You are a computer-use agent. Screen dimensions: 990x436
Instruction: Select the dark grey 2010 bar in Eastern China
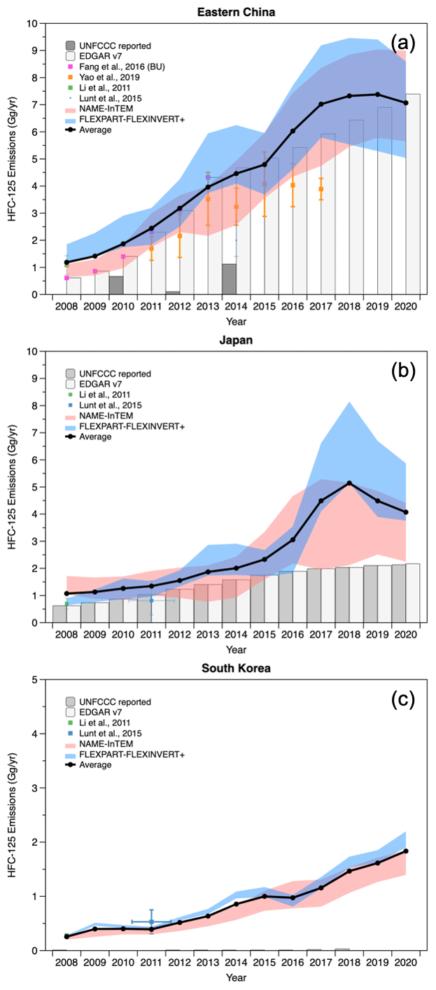116,285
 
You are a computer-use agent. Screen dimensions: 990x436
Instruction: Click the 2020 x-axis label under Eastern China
406,306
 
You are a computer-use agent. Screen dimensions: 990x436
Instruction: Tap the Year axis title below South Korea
236,977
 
